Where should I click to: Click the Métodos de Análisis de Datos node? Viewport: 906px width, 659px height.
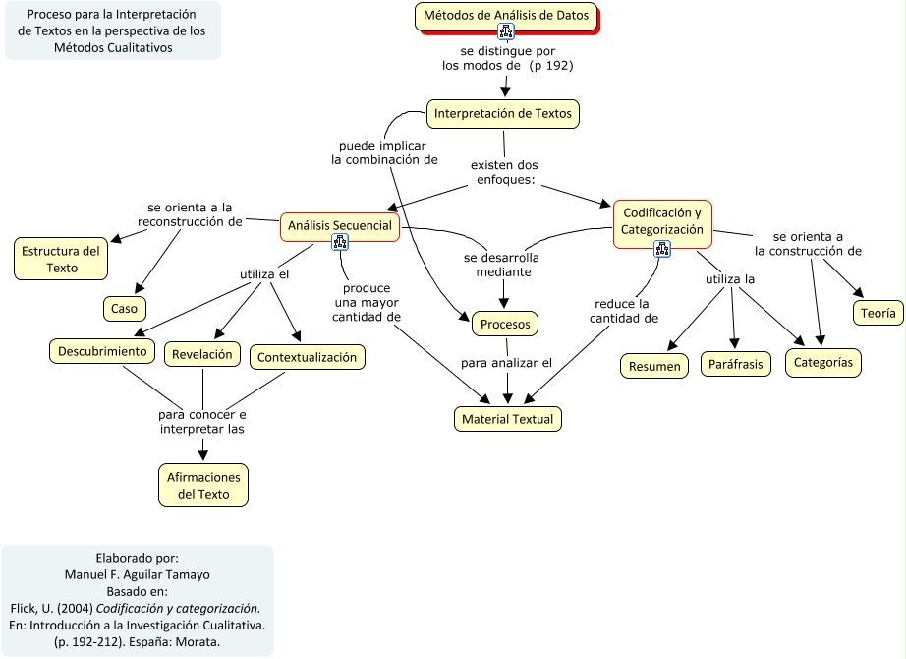click(507, 16)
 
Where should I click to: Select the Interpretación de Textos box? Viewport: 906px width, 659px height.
click(502, 114)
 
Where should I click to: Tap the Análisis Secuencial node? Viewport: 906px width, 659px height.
click(340, 226)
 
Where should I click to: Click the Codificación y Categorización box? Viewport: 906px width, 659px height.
click(662, 221)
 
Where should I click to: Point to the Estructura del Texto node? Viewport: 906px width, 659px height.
click(62, 259)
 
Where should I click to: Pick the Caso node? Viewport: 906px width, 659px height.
click(124, 309)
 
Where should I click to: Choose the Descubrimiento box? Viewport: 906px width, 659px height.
click(102, 351)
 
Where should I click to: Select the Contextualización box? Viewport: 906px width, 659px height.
click(308, 357)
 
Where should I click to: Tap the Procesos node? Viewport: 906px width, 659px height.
click(506, 324)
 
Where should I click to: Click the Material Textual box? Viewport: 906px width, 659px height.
click(507, 419)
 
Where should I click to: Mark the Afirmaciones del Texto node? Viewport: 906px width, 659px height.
click(203, 485)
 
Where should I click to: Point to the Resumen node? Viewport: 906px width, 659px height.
click(654, 366)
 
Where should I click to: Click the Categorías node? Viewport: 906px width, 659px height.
click(823, 363)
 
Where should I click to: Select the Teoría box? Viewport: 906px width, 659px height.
click(878, 314)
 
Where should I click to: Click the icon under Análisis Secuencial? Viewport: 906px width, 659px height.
click(340, 243)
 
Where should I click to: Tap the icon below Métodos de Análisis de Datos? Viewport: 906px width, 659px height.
click(506, 31)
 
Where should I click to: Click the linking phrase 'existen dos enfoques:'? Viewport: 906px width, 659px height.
click(504, 172)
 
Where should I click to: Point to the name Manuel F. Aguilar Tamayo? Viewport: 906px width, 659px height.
click(138, 575)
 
